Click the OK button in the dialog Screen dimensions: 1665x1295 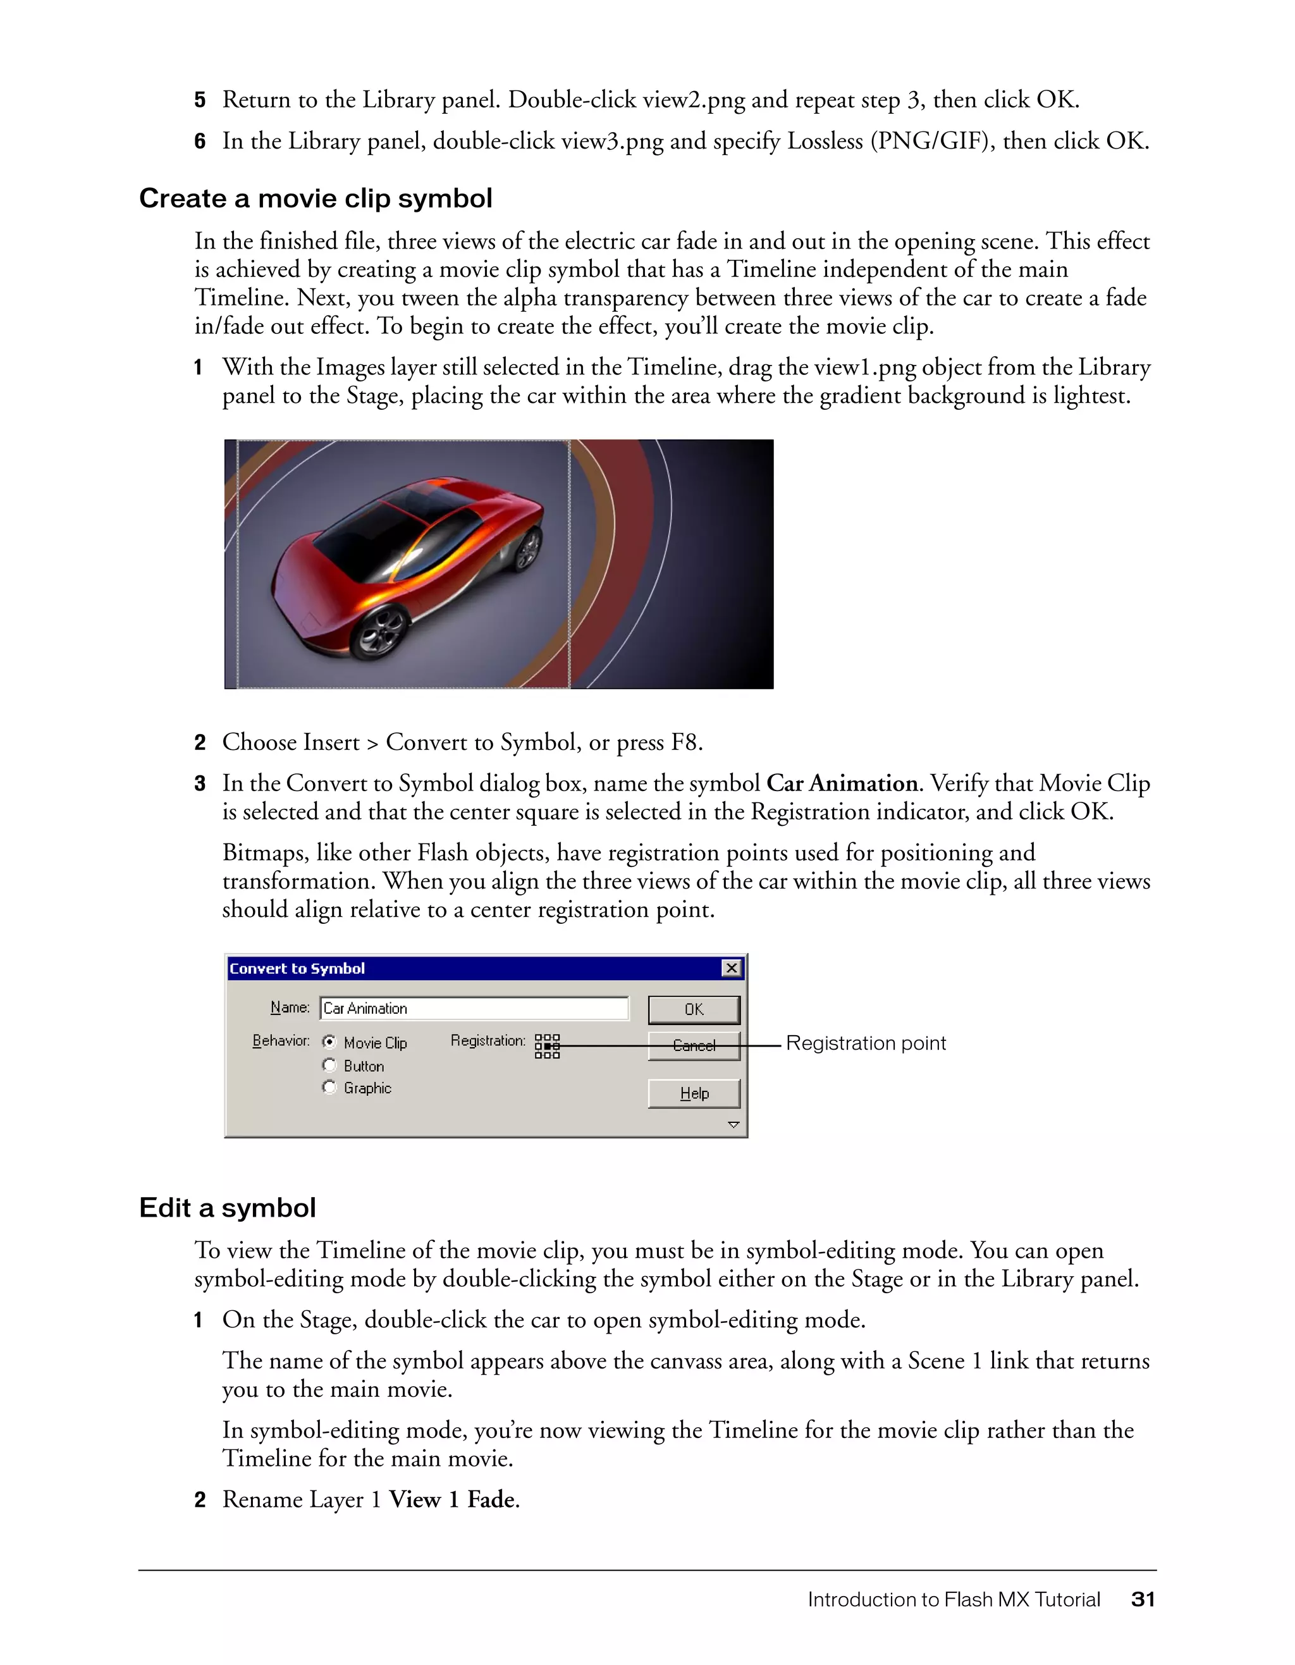694,1009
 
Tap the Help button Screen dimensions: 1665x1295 694,1093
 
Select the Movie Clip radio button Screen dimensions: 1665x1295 329,1041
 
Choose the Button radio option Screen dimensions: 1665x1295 329,1065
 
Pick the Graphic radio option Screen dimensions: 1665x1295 329,1087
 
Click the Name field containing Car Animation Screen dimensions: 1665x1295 474,1008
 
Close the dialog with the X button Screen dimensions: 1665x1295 731,968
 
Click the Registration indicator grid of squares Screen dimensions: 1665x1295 547,1046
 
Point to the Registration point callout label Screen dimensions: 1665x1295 865,1043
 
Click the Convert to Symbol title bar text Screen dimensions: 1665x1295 297,968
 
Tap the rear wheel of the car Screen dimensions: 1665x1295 527,550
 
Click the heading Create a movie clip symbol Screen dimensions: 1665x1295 316,198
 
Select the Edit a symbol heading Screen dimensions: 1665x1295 227,1208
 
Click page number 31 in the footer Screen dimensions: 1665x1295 1143,1599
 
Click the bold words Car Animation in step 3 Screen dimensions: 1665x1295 842,783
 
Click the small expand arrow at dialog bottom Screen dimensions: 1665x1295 733,1124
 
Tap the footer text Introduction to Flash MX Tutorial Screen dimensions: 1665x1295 954,1599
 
